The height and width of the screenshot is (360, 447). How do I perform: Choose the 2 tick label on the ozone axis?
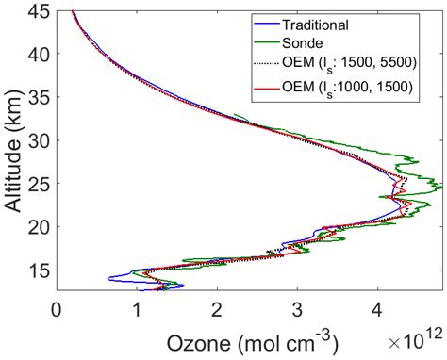click(217, 307)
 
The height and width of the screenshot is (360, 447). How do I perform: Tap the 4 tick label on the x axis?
click(377, 307)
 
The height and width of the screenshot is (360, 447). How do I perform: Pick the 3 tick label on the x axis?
click(297, 307)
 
